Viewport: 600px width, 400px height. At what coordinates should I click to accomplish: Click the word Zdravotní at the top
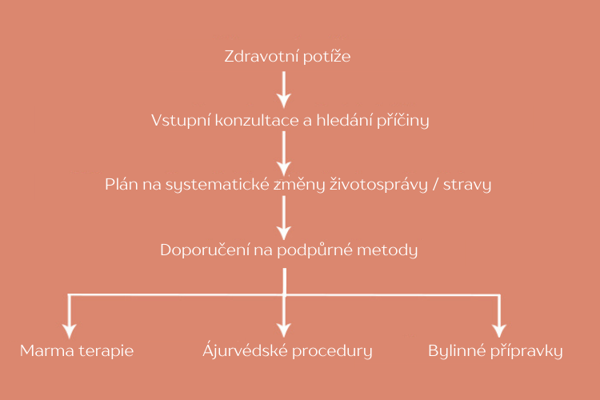coord(262,56)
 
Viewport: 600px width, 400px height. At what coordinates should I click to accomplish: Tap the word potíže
coord(326,57)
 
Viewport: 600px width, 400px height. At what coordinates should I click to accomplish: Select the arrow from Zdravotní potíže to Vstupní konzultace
coord(284,90)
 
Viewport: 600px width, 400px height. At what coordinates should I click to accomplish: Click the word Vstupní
coord(181,121)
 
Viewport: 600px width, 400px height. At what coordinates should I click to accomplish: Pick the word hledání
coord(344,120)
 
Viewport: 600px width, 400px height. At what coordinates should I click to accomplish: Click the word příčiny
coord(403,121)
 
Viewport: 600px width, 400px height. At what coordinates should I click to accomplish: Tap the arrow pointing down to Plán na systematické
coord(284,154)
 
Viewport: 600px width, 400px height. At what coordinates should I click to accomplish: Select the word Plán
coord(122,185)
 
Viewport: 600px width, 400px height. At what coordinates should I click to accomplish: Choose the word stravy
coord(467,186)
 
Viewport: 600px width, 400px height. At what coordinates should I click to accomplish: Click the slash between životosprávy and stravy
coord(435,185)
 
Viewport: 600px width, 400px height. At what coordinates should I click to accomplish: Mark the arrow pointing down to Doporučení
coord(284,218)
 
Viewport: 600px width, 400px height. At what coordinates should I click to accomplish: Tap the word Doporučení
coord(205,250)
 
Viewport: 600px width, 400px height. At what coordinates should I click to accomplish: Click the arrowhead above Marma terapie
coord(70,331)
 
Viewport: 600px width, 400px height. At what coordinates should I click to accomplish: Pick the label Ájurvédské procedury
coord(287,350)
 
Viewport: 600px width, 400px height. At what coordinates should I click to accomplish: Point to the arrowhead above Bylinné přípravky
coord(499,330)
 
